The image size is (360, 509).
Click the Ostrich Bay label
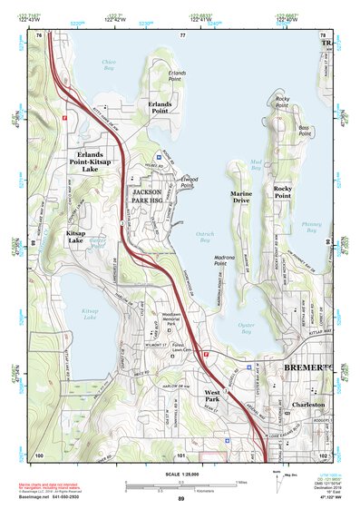tap(205, 237)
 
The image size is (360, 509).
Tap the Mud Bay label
tap(255, 165)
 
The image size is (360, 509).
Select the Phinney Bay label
tap(311, 227)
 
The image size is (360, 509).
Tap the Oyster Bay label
tap(245, 328)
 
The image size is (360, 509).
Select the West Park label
tap(212, 396)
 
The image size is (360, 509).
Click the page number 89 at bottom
tap(181, 500)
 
